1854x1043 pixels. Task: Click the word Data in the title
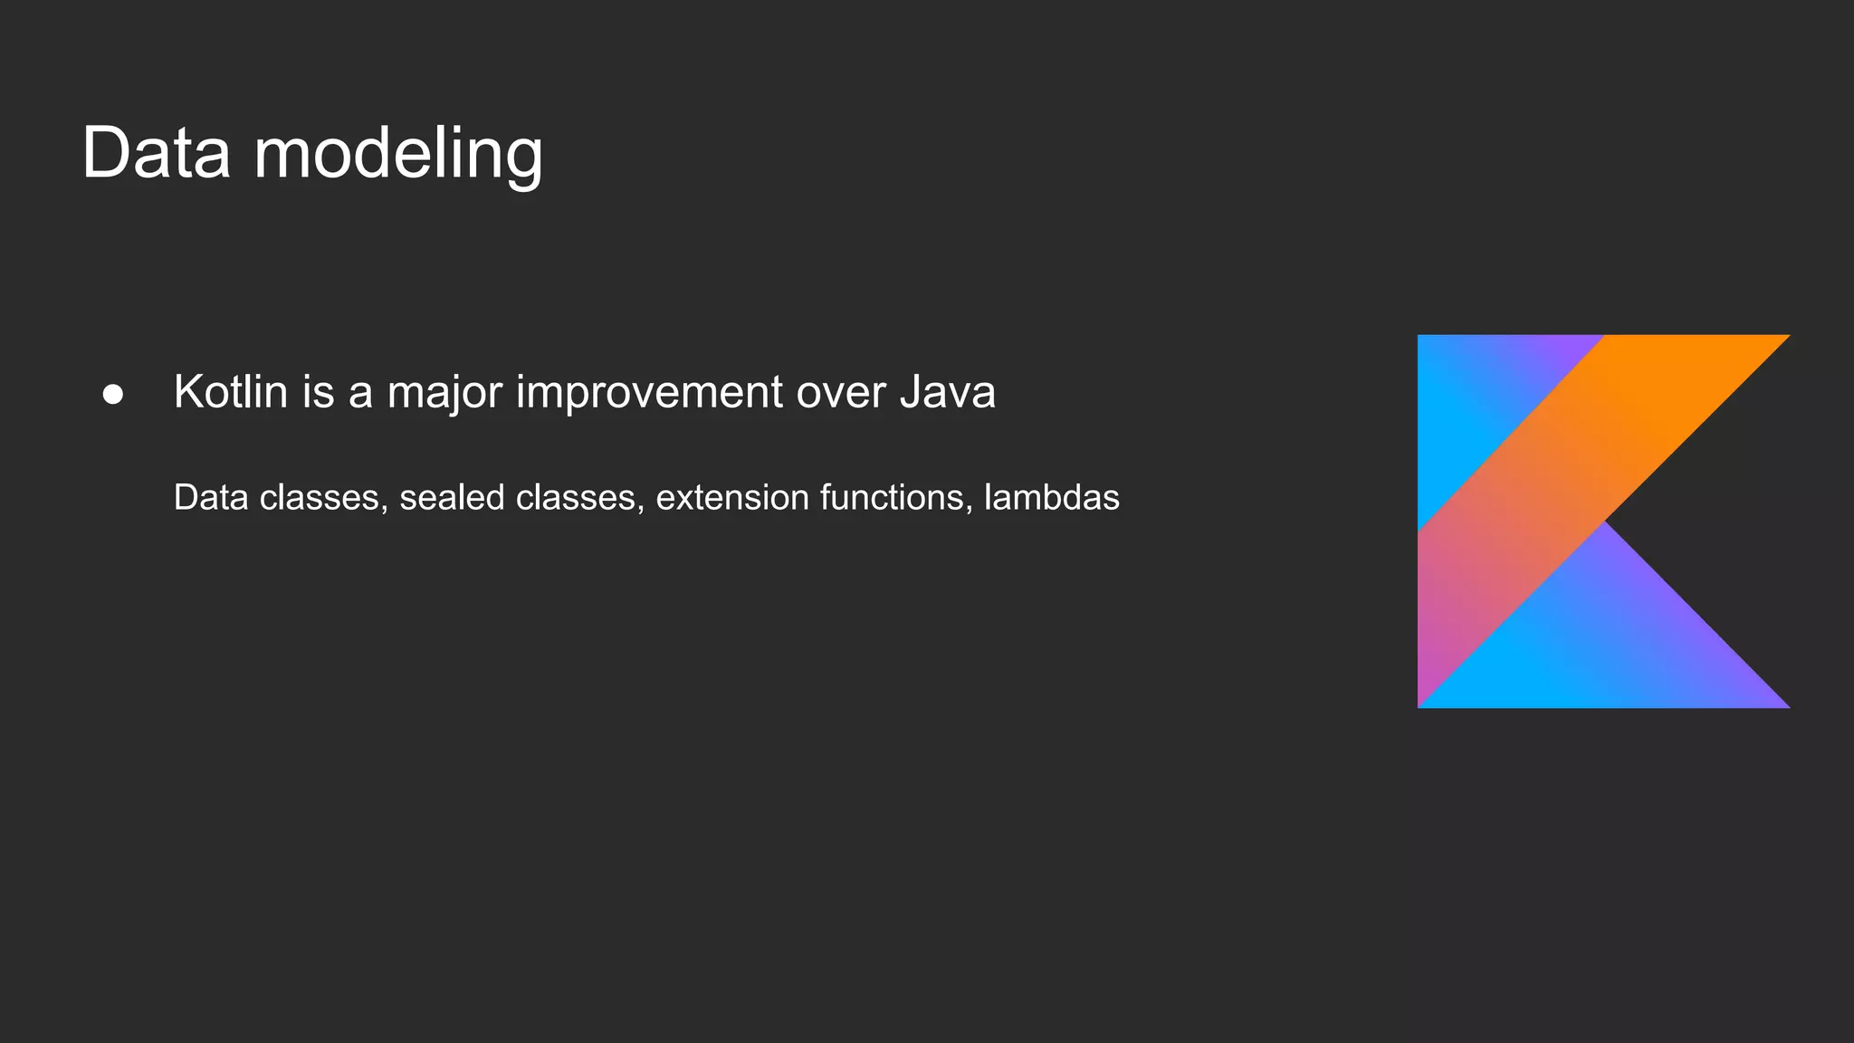coord(156,154)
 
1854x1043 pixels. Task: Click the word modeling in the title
coord(398,156)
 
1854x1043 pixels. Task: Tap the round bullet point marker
coord(113,395)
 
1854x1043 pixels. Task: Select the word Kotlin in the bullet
coord(230,392)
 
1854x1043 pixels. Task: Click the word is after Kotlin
coord(319,392)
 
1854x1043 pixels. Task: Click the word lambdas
coord(1051,497)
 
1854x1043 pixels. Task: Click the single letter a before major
coord(360,394)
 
